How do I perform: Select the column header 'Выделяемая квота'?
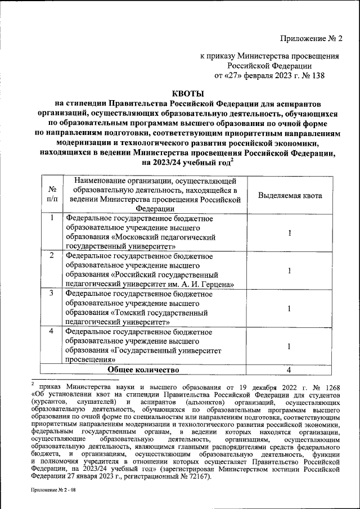click(290, 195)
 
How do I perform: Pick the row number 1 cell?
click(52, 218)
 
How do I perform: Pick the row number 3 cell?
click(52, 294)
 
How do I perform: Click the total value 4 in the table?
click(288, 370)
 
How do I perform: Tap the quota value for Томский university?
click(289, 308)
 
